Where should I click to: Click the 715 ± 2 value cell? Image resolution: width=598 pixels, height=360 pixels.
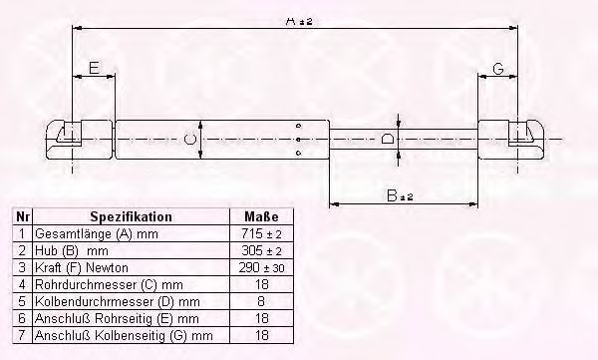261,233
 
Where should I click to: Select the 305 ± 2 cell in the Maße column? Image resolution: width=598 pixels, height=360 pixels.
261,250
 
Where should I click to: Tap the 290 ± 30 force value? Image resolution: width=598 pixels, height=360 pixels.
261,267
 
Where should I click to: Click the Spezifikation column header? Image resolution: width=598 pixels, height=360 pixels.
132,216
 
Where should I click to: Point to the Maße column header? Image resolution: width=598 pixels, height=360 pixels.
261,216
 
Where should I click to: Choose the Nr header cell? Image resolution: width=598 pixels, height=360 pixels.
23,216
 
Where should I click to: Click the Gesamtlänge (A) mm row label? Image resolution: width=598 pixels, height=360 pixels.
96,233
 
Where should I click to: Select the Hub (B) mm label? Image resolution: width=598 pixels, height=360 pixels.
72,251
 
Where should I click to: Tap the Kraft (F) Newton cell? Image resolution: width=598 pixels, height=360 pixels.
82,267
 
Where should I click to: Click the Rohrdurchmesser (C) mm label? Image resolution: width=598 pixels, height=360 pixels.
109,285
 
